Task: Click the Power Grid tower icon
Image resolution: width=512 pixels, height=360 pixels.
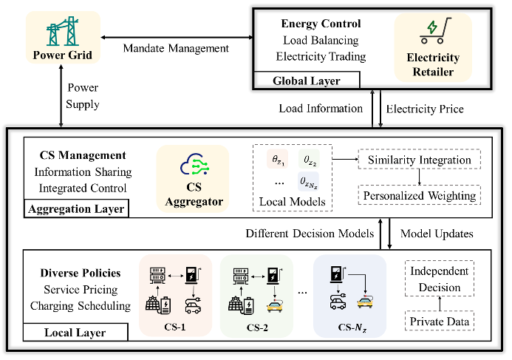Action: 56,33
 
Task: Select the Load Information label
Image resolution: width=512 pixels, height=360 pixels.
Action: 321,109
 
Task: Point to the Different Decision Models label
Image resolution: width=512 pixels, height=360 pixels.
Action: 308,233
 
